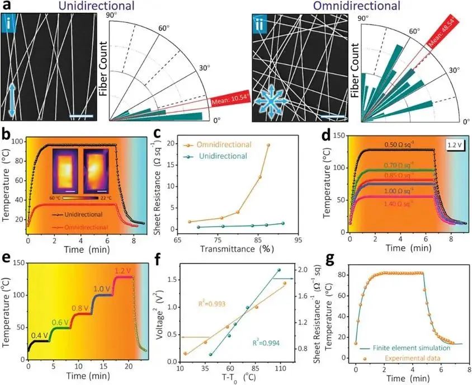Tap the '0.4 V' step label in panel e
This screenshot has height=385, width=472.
(39, 335)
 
